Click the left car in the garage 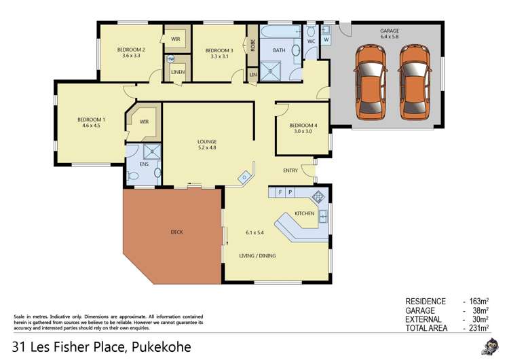coord(371,81)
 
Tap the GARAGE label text coord(390,31)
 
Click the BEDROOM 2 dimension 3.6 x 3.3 coord(130,56)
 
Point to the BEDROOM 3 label coord(219,50)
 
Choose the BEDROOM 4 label coord(303,125)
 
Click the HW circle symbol coord(170,59)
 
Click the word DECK coord(176,232)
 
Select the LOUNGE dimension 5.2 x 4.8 coord(207,148)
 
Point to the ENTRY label coord(290,170)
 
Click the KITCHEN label coord(304,214)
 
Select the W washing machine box coord(326,39)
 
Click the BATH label coord(279,50)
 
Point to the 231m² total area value coord(478,328)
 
